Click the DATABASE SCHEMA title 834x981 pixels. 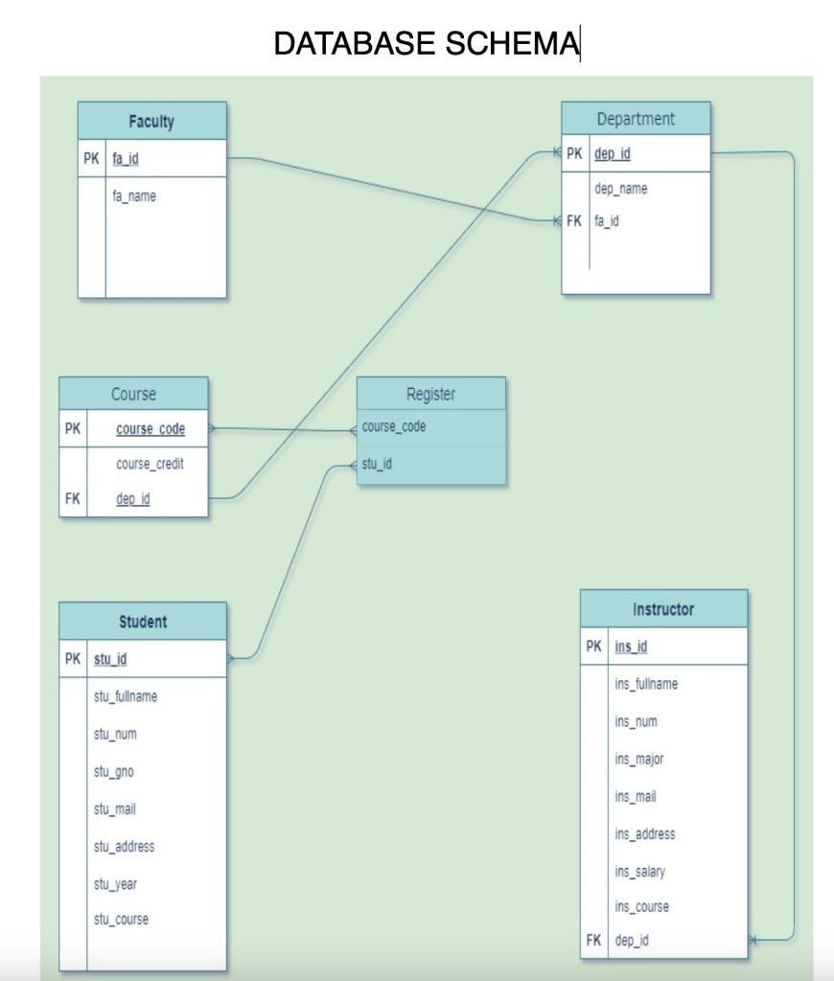coord(426,43)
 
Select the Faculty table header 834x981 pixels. coord(151,122)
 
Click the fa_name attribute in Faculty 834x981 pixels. coord(134,196)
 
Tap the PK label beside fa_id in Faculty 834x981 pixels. coord(91,159)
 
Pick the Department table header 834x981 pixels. coord(636,119)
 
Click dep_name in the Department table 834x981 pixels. coord(620,189)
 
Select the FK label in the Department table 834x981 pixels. coord(573,220)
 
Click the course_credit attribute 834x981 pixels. coord(150,464)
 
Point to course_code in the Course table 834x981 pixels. coord(151,428)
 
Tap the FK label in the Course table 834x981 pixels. coord(72,498)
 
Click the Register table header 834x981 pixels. coord(431,394)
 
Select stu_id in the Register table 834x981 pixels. coord(377,465)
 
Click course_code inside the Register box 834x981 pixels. coord(394,426)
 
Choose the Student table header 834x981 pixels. coord(143,622)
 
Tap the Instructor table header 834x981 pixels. coord(663,609)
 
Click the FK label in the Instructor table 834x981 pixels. coord(593,940)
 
